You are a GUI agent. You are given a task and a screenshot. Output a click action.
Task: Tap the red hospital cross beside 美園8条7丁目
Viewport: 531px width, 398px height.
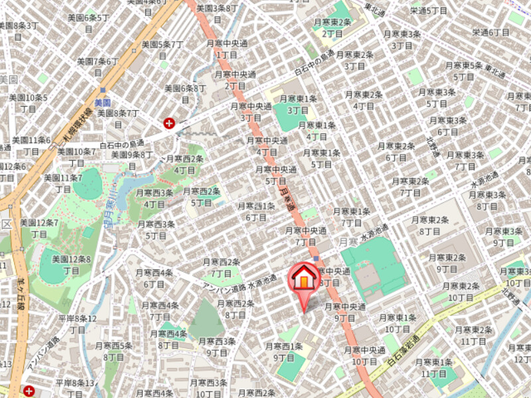pos(170,123)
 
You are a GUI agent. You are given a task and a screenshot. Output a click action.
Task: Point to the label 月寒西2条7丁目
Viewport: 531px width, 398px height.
pos(221,267)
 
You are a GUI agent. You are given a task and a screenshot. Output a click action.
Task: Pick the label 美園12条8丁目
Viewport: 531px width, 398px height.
pos(72,265)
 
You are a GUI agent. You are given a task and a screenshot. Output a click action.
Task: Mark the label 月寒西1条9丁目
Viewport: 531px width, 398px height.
pos(283,352)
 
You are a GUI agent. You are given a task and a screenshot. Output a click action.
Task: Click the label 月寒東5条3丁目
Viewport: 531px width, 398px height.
pos(463,71)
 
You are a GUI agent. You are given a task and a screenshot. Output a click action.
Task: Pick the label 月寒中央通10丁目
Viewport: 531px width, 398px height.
pos(364,356)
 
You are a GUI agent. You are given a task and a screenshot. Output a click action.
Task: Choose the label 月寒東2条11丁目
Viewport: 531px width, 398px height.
pos(473,335)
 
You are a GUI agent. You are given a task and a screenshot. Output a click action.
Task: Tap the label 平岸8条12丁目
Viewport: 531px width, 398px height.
pos(77,324)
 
